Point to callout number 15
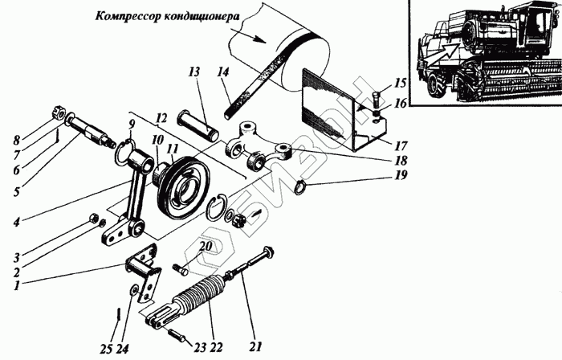[399, 83]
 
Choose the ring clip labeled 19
[298, 189]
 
